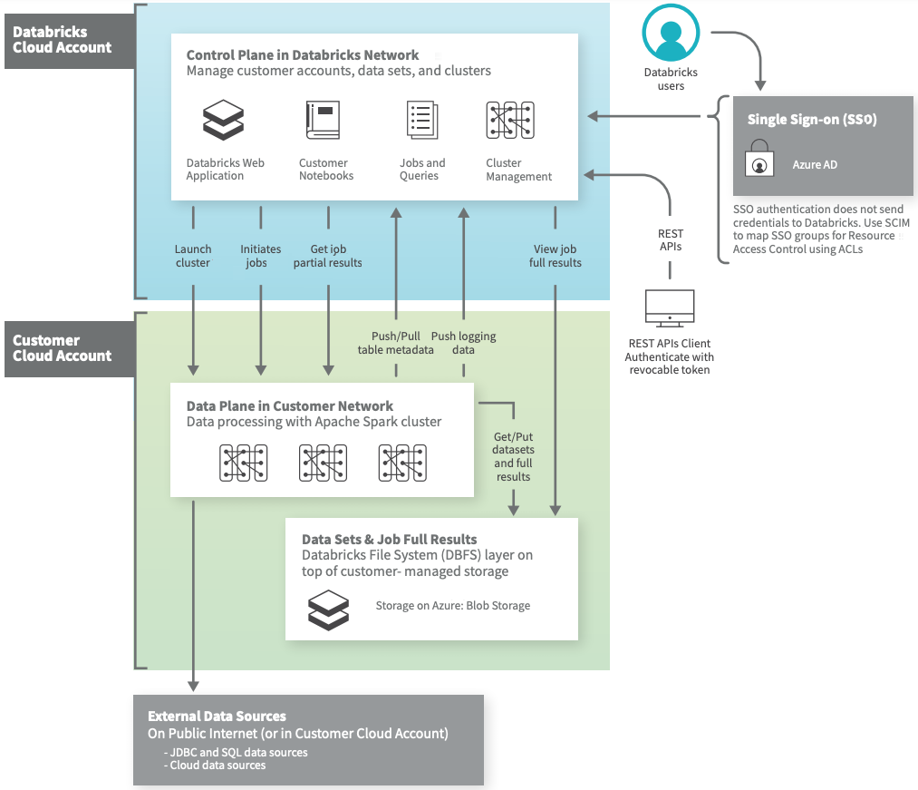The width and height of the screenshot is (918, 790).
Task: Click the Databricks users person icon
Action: [671, 35]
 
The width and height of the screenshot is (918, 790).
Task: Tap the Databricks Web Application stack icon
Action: [223, 120]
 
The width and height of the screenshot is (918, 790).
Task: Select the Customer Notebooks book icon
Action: [324, 120]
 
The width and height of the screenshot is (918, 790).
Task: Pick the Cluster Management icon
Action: [510, 120]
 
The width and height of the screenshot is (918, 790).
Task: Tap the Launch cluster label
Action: [193, 256]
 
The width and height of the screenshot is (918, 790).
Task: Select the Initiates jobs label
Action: [261, 256]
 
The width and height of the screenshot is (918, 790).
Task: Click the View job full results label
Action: [555, 256]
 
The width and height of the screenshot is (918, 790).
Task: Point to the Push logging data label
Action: [463, 343]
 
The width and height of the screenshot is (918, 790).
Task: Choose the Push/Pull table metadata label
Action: [396, 343]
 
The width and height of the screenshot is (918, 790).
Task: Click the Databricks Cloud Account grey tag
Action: [63, 40]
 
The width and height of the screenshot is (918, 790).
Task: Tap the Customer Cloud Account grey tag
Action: [63, 348]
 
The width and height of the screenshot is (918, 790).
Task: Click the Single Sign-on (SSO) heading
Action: [812, 120]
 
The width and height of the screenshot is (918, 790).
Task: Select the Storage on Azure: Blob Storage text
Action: [452, 606]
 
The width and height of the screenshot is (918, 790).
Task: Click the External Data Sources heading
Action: [217, 717]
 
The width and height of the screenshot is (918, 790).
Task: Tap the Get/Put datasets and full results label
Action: [513, 456]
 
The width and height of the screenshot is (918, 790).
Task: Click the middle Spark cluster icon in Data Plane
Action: [323, 463]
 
